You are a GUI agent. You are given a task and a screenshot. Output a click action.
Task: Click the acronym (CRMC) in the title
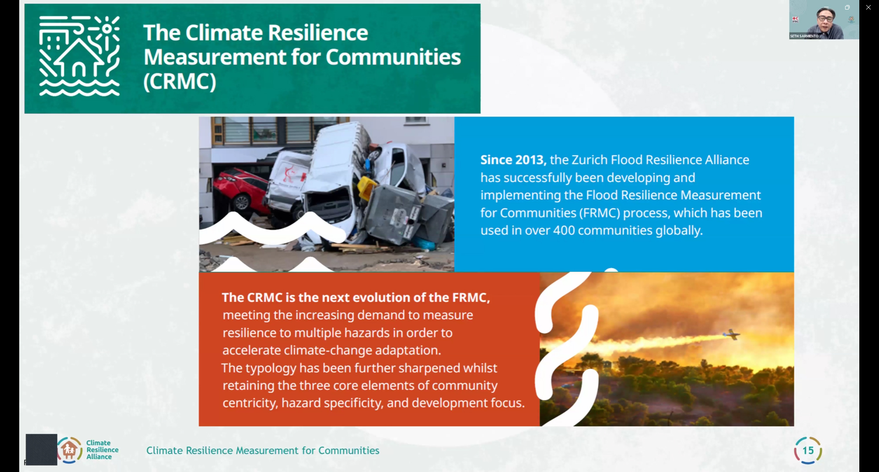coord(179,81)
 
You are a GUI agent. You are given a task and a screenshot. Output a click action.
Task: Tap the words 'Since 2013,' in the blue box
coord(513,160)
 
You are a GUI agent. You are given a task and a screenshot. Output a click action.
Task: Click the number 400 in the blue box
coord(564,230)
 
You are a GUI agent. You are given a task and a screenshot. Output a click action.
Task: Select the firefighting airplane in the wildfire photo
coord(731,335)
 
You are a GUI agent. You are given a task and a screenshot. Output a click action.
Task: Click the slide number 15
coord(808,451)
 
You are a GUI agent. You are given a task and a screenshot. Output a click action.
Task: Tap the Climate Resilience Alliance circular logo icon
coord(70,451)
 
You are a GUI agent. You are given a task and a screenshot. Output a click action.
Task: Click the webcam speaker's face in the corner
coord(825,19)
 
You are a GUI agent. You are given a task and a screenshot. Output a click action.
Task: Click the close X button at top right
coord(868,7)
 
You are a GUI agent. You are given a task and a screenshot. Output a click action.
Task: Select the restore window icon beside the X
coord(847,7)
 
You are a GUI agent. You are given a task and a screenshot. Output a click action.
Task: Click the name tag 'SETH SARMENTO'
coord(804,36)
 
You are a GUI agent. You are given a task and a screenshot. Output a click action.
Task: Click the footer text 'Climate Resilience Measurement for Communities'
coord(263,451)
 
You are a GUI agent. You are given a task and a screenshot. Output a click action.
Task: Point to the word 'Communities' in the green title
coord(393,57)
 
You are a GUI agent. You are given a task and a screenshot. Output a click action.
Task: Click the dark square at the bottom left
coord(41,450)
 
